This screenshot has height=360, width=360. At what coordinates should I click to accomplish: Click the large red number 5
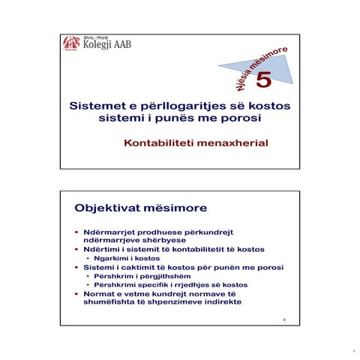(x=265, y=79)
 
